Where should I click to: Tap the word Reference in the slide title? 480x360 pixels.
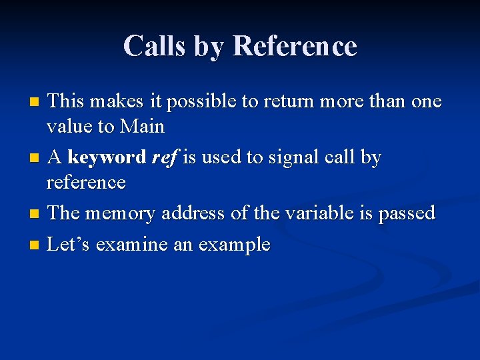click(x=295, y=46)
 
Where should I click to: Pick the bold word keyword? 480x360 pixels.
click(x=107, y=158)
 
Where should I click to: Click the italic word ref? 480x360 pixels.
click(x=163, y=158)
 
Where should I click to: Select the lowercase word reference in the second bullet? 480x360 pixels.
click(x=86, y=182)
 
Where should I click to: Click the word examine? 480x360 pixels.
click(x=131, y=245)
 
